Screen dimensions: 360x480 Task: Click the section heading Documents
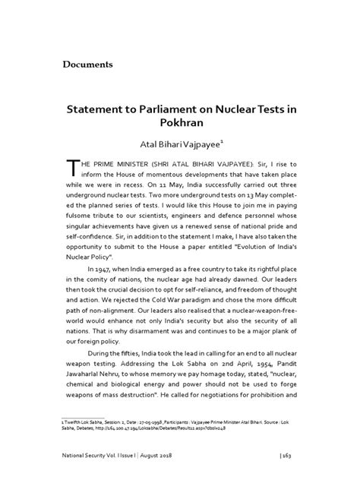click(x=87, y=64)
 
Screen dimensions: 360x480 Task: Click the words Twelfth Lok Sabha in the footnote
click(x=85, y=418)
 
